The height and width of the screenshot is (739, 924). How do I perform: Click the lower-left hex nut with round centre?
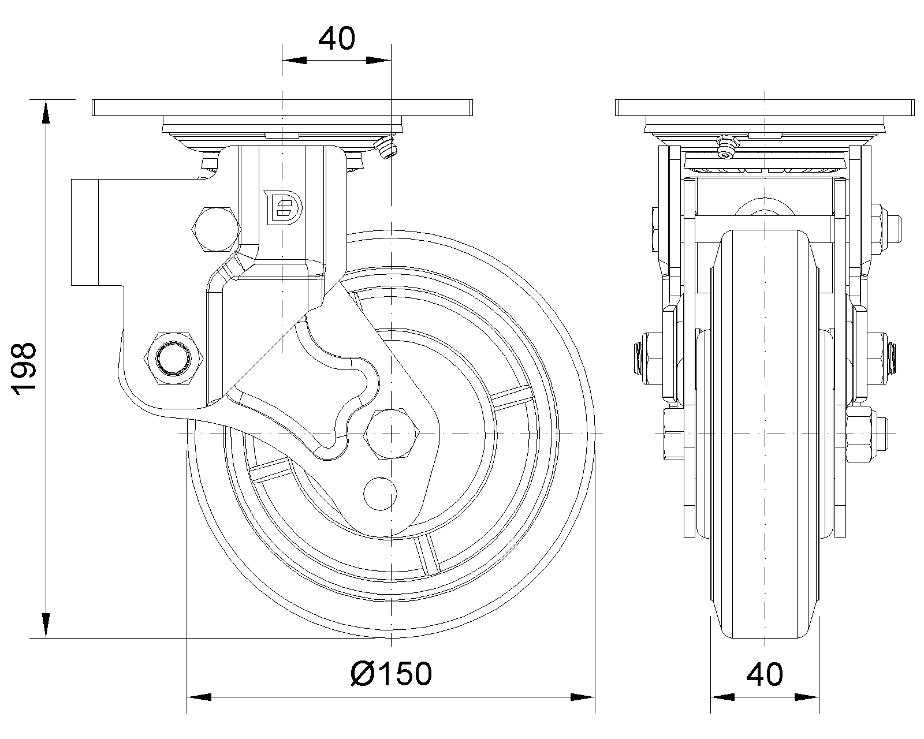pos(172,358)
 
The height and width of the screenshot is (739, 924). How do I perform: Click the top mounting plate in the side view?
pos(282,107)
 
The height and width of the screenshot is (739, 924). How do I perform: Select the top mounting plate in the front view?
pos(765,107)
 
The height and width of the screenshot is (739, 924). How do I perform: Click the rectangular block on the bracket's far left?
pos(85,232)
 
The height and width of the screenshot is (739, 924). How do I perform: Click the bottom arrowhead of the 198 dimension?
pos(45,626)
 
